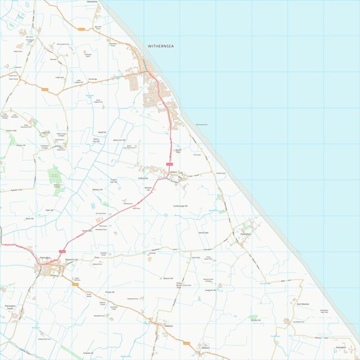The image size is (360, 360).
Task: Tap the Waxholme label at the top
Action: [92, 2]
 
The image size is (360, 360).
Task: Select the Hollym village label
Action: [174, 172]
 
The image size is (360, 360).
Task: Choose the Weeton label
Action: [205, 348]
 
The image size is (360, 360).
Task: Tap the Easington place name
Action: [340, 348]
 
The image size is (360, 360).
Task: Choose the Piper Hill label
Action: [49, 210]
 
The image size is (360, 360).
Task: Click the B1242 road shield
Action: [81, 29]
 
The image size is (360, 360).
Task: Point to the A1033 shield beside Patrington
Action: [62, 252]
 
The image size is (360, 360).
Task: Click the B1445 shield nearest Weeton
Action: [186, 343]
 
